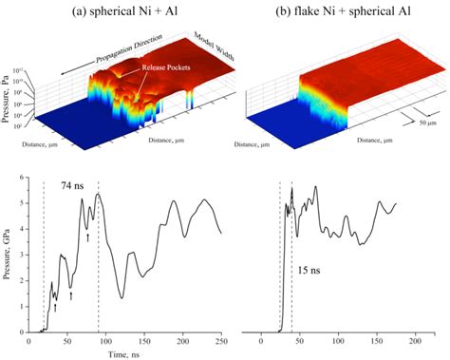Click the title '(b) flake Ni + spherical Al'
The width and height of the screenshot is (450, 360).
[x=332, y=10]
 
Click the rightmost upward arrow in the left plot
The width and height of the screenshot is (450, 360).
[x=87, y=237]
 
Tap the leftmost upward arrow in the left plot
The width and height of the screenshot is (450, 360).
[x=55, y=307]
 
